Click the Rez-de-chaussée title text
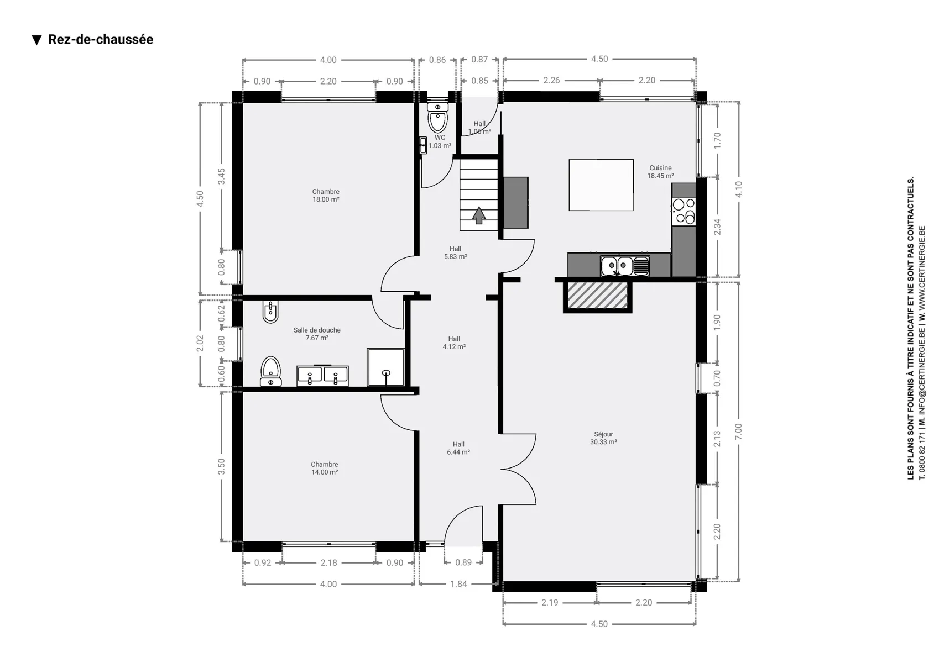click(101, 39)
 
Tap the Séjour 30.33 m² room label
click(603, 438)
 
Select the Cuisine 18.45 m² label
click(660, 172)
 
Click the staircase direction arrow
click(479, 215)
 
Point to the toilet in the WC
click(437, 117)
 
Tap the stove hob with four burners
click(684, 211)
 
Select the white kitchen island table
click(601, 185)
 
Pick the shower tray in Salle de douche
click(385, 367)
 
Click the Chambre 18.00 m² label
click(326, 196)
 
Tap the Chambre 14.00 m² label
click(325, 469)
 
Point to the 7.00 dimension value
click(738, 432)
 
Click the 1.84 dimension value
click(458, 584)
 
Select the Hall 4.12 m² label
click(454, 343)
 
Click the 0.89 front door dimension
click(463, 562)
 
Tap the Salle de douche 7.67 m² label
click(317, 334)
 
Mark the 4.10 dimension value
click(738, 190)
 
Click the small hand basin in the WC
click(423, 145)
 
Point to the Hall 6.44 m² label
click(458, 448)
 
